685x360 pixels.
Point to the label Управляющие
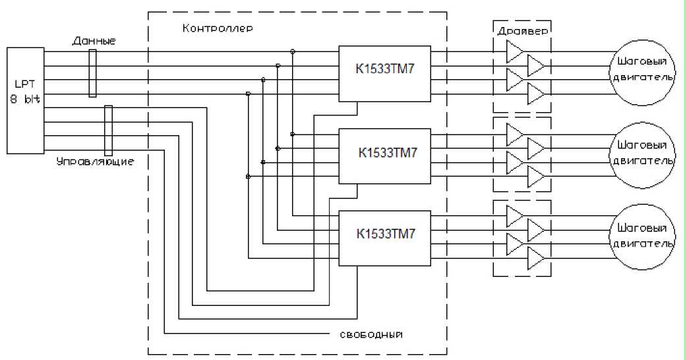[105, 162]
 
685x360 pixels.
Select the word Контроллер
[217, 30]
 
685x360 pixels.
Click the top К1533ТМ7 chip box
[384, 74]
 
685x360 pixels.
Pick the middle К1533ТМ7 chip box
[384, 156]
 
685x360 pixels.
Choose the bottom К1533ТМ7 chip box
[384, 237]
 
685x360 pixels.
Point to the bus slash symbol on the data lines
[93, 74]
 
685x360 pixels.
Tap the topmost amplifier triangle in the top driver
[514, 50]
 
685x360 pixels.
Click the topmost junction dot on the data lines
[292, 51]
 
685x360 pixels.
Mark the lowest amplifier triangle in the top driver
[536, 95]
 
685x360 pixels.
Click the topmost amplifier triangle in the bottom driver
[514, 214]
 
